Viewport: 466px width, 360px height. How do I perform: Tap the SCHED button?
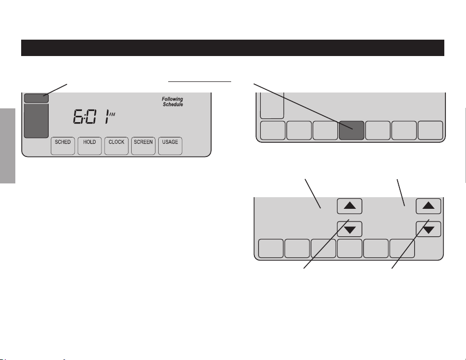(x=63, y=146)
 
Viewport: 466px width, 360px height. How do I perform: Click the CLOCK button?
(x=116, y=146)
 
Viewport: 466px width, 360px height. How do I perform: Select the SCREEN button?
(x=143, y=146)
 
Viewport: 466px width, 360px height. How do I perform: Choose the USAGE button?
(x=170, y=146)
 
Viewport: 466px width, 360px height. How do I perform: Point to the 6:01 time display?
(x=91, y=116)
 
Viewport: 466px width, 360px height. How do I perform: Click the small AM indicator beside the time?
(x=112, y=114)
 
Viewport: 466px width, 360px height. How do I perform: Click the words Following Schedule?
(x=172, y=101)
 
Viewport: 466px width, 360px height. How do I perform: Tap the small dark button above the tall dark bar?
(x=36, y=98)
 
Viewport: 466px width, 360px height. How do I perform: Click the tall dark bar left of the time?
(x=36, y=121)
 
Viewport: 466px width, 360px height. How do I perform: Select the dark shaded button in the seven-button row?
(x=352, y=131)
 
